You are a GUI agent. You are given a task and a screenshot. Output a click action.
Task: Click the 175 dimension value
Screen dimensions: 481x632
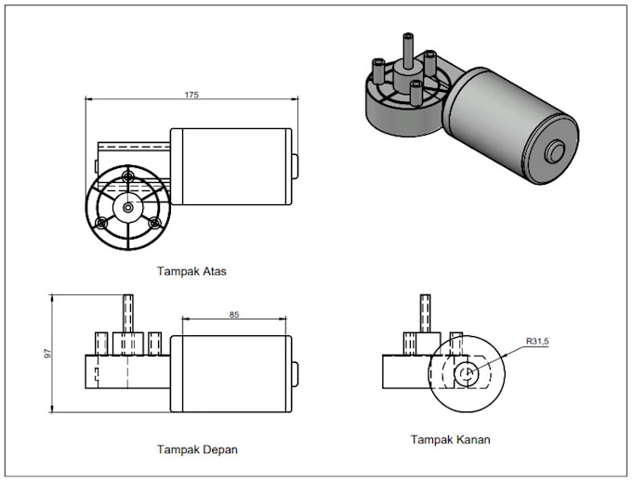tap(191, 95)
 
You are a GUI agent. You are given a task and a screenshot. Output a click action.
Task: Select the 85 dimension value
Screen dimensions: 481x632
tap(233, 316)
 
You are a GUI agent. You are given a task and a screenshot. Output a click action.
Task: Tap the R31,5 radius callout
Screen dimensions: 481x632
tap(538, 342)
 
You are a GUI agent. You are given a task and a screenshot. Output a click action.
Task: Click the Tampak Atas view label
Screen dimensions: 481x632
tap(192, 272)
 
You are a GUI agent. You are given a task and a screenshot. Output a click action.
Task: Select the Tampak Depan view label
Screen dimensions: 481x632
tap(197, 449)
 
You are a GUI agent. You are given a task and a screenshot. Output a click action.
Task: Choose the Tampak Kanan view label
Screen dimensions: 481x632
tap(450, 439)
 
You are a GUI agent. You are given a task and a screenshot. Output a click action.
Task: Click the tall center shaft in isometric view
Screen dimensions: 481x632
tap(408, 48)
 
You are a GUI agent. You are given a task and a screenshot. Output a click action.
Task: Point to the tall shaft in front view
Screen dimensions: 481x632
tap(129, 313)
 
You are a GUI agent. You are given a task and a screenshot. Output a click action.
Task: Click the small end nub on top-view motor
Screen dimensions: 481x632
tap(294, 167)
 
